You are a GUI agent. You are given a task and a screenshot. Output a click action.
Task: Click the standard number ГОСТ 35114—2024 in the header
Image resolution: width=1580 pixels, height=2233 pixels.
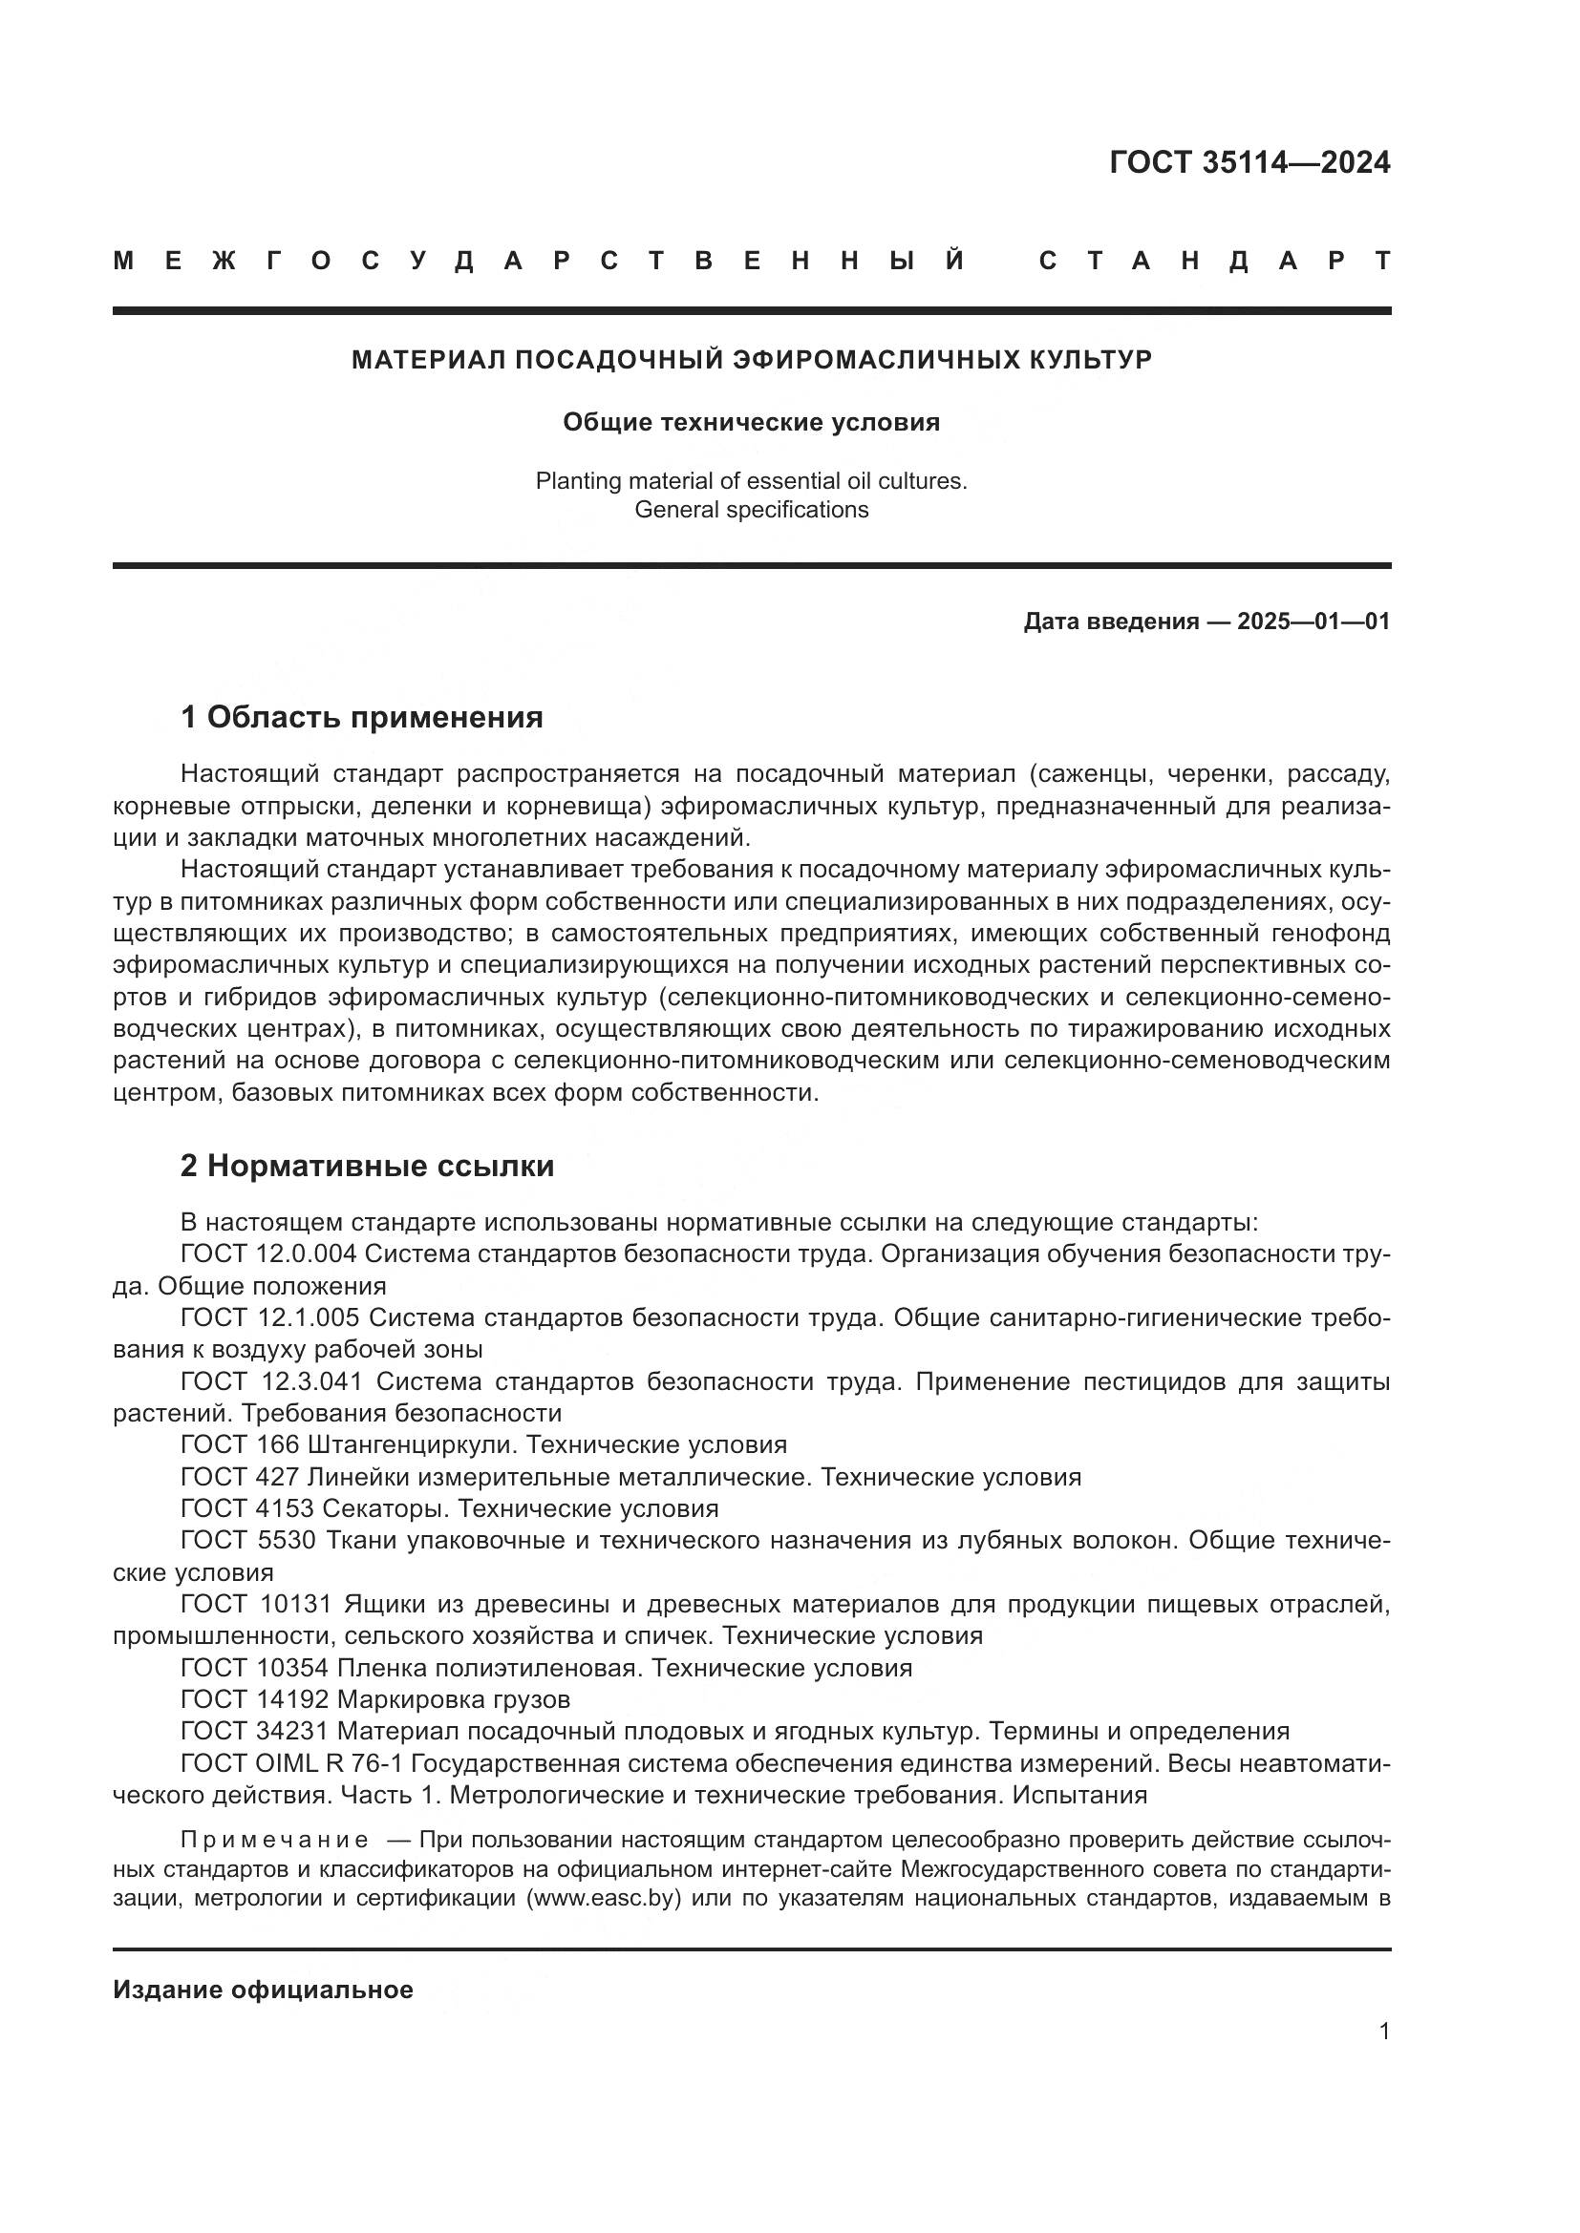[x=1249, y=162]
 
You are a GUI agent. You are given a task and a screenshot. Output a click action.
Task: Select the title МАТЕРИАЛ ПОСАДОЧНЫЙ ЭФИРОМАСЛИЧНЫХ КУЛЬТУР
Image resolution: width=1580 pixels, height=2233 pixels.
[x=751, y=360]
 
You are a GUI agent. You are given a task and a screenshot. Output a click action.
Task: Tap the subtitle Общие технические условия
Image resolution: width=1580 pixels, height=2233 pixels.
[x=751, y=422]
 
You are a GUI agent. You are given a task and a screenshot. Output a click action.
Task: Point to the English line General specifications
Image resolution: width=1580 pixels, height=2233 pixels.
[x=751, y=510]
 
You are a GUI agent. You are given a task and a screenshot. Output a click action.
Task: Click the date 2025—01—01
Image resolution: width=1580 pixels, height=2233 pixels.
[x=1313, y=621]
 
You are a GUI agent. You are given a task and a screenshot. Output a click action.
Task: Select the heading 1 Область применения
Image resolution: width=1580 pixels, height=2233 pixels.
[x=361, y=718]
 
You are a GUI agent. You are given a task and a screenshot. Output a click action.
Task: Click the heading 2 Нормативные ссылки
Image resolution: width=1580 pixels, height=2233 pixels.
[x=367, y=1166]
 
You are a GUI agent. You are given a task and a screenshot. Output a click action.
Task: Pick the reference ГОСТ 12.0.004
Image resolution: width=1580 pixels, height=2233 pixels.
[x=268, y=1253]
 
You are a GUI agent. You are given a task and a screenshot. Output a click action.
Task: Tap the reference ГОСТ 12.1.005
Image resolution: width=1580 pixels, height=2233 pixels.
[x=269, y=1317]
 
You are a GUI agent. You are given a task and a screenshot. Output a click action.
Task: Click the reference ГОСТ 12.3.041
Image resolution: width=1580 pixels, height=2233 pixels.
[x=271, y=1382]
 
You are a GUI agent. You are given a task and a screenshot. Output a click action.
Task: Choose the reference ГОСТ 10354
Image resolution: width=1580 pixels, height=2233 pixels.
[x=255, y=1669]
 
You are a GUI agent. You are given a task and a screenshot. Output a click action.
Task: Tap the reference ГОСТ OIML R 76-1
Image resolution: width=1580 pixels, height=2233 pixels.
[x=292, y=1764]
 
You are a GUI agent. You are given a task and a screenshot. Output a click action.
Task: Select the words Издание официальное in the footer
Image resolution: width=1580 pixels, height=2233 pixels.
[x=263, y=1990]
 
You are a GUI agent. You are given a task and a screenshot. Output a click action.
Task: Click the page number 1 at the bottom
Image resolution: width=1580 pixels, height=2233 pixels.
[x=1383, y=2032]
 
